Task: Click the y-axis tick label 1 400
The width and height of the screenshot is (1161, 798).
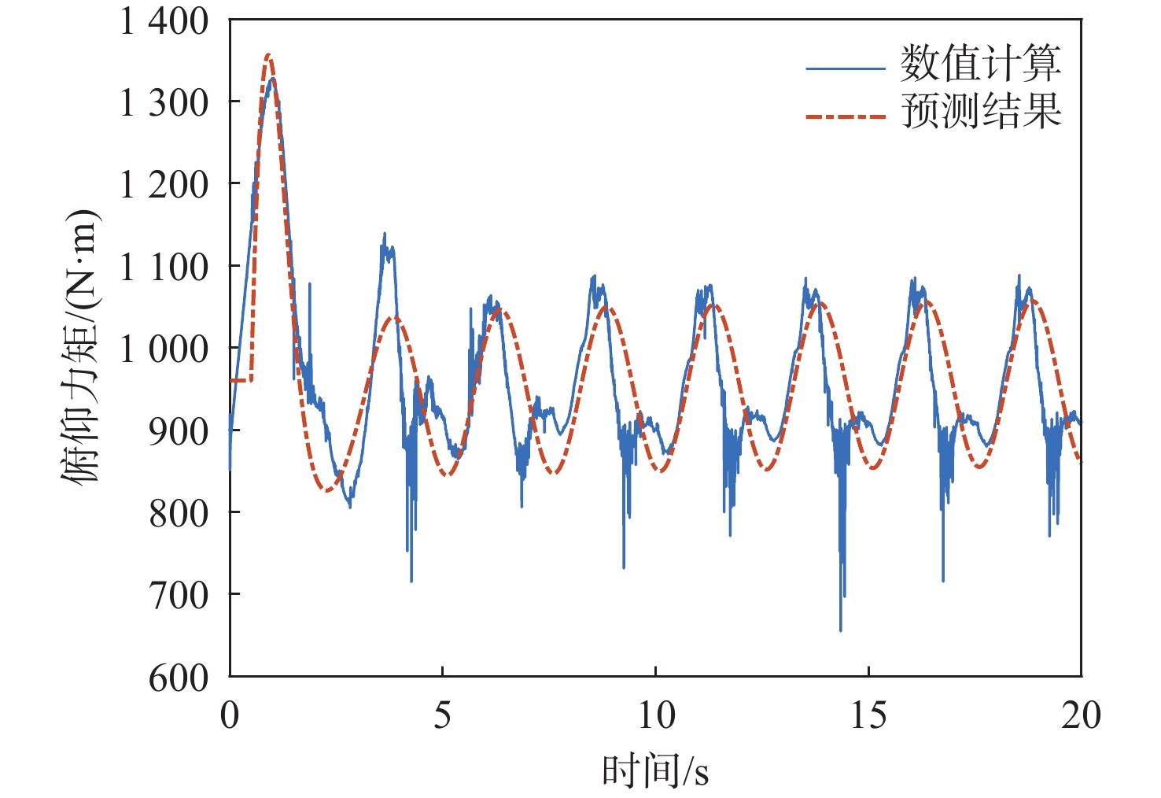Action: point(164,21)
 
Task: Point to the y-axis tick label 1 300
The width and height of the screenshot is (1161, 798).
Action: point(164,102)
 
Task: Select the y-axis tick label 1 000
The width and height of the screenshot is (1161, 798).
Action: point(164,349)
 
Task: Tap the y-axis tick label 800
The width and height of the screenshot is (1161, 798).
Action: point(179,513)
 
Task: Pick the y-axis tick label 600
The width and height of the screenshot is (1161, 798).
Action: point(179,678)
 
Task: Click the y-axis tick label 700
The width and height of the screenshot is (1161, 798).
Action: point(179,595)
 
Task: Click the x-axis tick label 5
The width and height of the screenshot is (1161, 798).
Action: point(443,715)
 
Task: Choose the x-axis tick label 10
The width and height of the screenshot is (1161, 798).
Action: point(655,715)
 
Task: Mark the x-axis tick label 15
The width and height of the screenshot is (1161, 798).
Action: point(868,715)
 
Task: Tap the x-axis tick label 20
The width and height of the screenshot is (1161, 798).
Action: point(1081,715)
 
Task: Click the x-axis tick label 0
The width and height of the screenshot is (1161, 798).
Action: point(230,715)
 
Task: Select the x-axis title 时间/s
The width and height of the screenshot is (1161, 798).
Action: point(655,771)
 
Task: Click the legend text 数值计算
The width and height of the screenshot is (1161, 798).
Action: point(981,64)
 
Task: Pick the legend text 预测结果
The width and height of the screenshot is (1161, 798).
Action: point(981,111)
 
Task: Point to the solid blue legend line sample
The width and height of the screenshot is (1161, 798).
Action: point(846,68)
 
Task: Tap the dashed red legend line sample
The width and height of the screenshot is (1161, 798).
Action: point(846,116)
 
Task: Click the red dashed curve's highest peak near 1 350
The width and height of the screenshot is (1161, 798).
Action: point(269,55)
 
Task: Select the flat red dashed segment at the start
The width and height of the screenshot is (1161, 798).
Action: point(240,381)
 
